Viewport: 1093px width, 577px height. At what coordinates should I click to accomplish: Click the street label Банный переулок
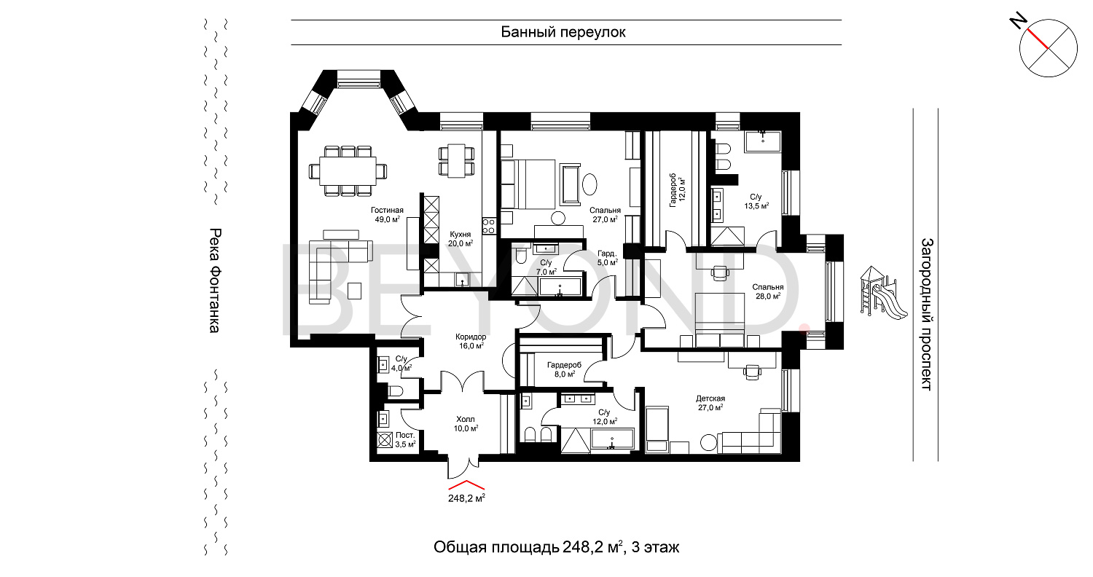coord(563,33)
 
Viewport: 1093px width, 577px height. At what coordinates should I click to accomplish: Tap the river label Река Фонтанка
coord(213,280)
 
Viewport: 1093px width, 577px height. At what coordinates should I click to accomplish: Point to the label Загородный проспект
coord(926,314)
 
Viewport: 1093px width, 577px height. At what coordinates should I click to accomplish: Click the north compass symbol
coord(1048,47)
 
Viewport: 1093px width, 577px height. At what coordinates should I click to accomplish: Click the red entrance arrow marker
coord(466,484)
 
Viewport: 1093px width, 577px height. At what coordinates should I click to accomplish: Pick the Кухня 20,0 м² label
coord(461,239)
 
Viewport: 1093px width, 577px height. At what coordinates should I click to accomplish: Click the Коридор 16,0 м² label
coord(471,342)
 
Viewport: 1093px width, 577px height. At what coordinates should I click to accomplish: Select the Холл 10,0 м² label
coord(465,424)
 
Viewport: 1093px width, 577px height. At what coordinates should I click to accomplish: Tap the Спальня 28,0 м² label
coord(767,291)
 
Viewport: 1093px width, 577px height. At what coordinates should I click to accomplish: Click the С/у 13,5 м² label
coord(756,201)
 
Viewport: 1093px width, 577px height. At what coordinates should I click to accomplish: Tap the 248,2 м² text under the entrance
coord(466,499)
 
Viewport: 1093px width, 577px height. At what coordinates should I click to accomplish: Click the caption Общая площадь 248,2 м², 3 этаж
coord(556,547)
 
